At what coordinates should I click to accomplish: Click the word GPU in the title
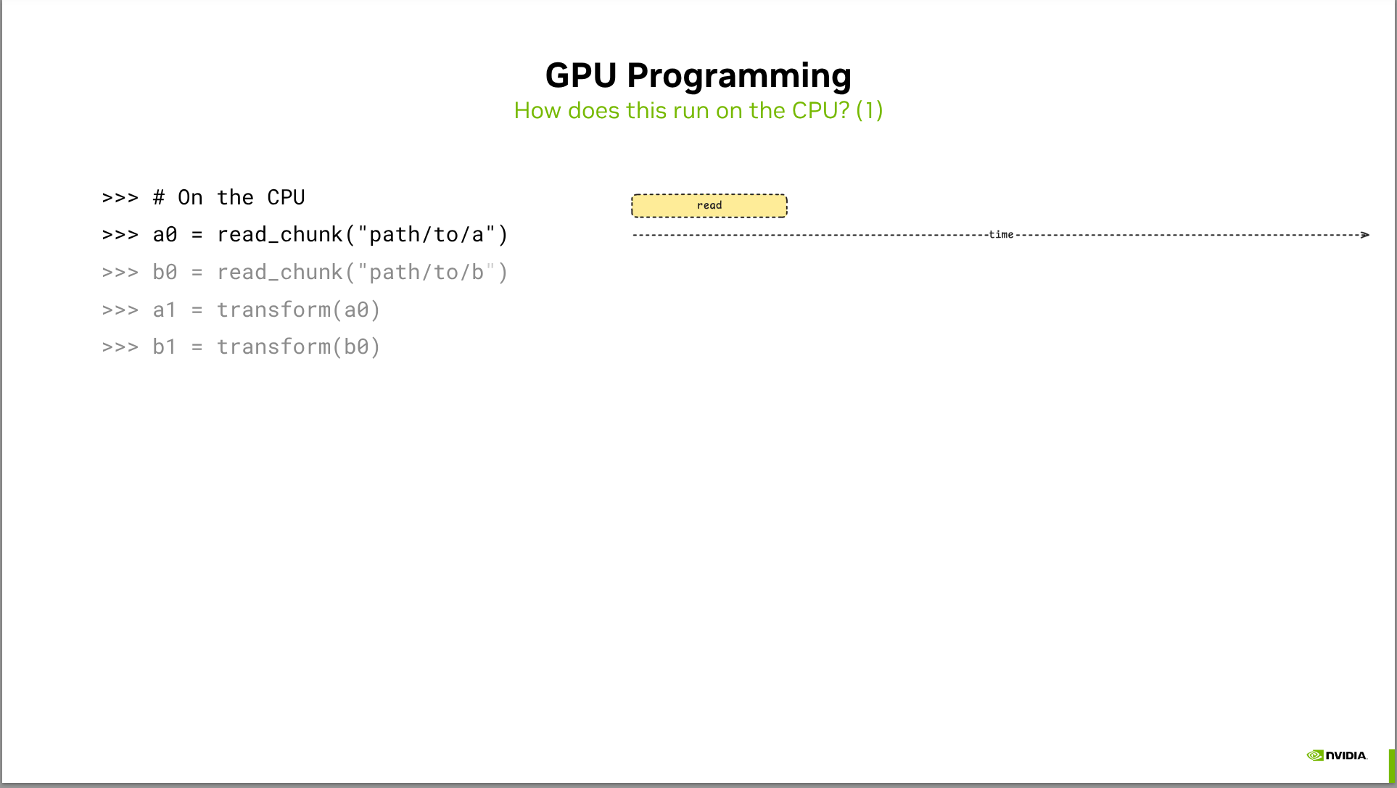(580, 75)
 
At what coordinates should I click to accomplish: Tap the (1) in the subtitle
(869, 111)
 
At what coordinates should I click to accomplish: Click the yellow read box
(709, 206)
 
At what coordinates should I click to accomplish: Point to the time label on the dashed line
(1000, 235)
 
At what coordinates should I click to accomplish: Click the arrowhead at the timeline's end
(1364, 235)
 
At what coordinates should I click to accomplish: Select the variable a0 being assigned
(165, 235)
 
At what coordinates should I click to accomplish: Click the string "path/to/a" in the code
(426, 235)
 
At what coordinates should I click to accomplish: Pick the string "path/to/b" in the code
(426, 273)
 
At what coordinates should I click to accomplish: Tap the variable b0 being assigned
(165, 273)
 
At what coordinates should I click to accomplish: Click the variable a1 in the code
(164, 310)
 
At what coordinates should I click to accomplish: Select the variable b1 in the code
(164, 347)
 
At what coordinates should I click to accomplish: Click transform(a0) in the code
(298, 310)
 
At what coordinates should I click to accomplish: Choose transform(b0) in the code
(298, 347)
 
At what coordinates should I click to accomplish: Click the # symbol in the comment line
(159, 198)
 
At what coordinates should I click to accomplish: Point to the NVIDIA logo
(1337, 755)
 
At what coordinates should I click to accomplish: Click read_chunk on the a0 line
(279, 235)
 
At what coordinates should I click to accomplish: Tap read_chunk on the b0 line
(279, 273)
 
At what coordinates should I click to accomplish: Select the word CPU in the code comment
(286, 198)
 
